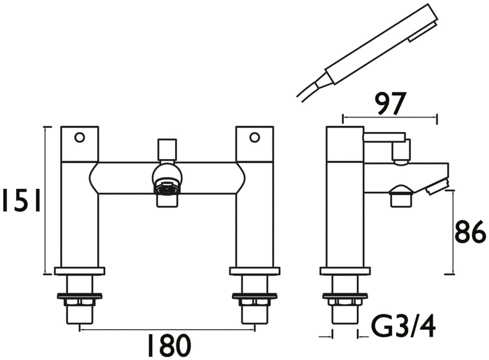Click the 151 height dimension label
pyautogui.click(x=21, y=201)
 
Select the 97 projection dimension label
pyautogui.click(x=390, y=103)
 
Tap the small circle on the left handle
pyautogui.click(x=79, y=137)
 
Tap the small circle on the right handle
pyautogui.click(x=254, y=137)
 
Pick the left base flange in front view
pyautogui.click(x=80, y=271)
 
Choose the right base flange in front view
pyautogui.click(x=254, y=271)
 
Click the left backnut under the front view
pyautogui.click(x=80, y=296)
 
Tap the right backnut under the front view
pyautogui.click(x=254, y=296)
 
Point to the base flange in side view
pyautogui.click(x=345, y=271)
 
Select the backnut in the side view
pyautogui.click(x=345, y=296)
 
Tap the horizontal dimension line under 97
pyautogui.click(x=390, y=117)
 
